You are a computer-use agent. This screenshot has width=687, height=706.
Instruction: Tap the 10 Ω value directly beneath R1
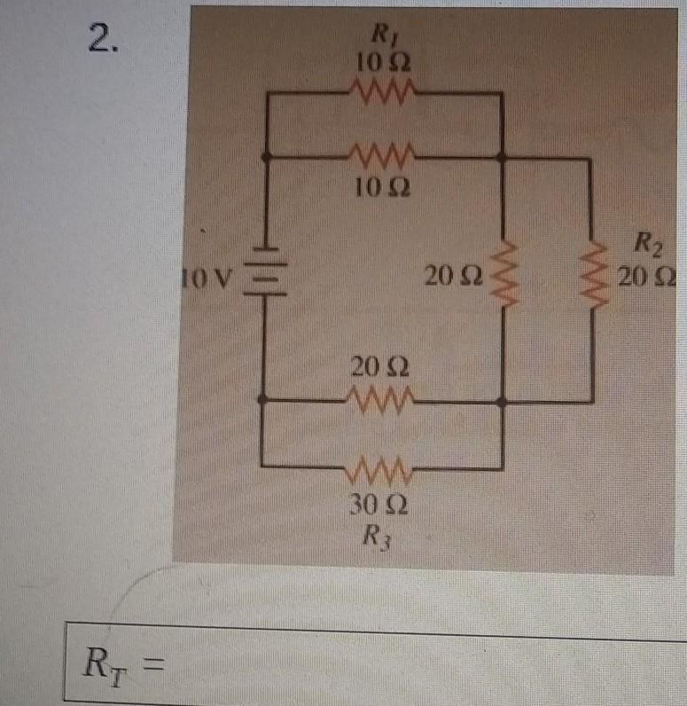tap(383, 62)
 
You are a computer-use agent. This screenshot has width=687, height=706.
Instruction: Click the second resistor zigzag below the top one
tap(382, 155)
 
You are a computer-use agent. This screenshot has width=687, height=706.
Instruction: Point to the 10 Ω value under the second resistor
tap(383, 188)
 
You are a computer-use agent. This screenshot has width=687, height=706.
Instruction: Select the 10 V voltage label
tap(207, 278)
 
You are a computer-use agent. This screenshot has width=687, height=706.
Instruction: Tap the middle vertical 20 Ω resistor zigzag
tap(504, 274)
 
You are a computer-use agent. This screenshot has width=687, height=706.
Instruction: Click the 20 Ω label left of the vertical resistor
tap(454, 276)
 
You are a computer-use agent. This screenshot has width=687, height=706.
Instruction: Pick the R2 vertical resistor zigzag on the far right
tap(593, 274)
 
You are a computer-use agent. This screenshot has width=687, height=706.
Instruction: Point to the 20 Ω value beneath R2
tap(646, 278)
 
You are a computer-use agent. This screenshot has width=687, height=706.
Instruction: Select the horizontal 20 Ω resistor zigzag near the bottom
tap(380, 399)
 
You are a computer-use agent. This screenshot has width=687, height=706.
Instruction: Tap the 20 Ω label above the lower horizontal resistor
tap(380, 367)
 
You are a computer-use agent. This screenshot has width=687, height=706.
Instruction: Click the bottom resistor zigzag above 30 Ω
tap(379, 468)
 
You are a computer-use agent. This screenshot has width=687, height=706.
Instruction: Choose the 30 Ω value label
tap(379, 506)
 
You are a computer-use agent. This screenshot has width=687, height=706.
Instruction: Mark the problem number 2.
tap(104, 38)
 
